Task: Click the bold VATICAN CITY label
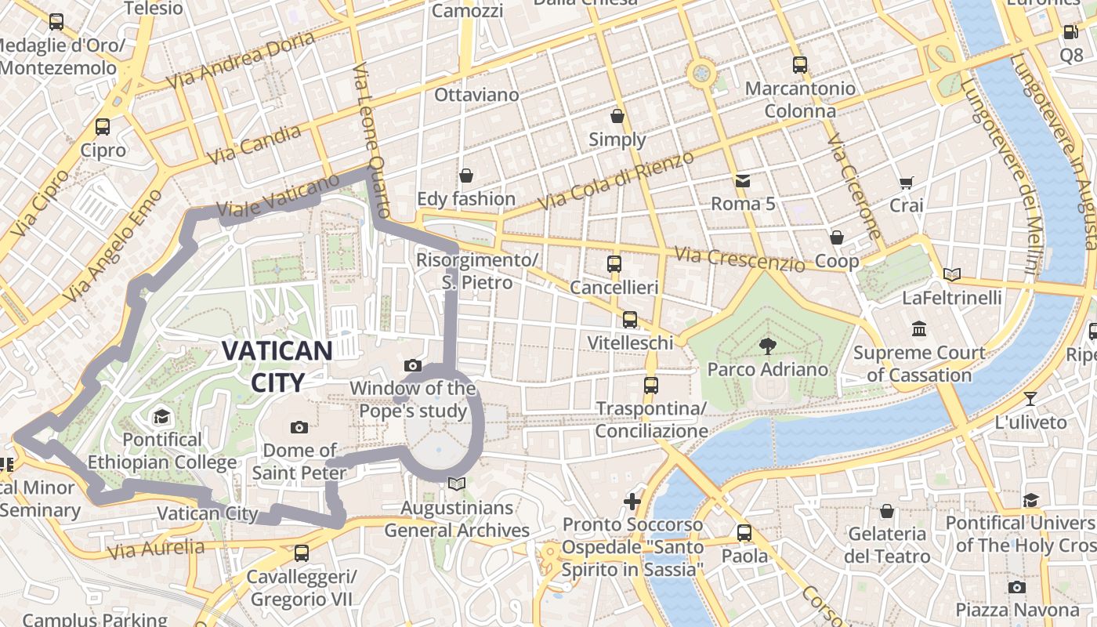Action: tap(277, 365)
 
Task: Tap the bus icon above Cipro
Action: tap(102, 127)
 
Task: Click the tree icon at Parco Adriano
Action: tap(767, 345)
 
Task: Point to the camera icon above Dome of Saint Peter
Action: tap(299, 427)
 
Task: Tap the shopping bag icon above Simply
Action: tap(617, 116)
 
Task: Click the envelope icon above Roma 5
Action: tap(743, 181)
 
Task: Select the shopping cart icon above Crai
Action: tap(907, 183)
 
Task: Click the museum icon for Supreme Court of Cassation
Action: tap(919, 329)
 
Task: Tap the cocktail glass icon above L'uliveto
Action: tap(1030, 399)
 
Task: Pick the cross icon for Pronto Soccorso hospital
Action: tap(632, 501)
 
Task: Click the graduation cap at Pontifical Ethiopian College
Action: tap(161, 416)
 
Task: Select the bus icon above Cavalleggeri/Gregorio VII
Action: tap(301, 553)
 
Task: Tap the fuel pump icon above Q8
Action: tap(1070, 31)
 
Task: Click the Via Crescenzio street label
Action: tap(740, 259)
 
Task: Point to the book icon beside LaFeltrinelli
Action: tap(952, 274)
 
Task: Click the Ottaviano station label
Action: tap(476, 95)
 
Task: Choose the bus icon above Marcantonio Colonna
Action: tap(799, 65)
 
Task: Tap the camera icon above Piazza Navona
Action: tap(1017, 587)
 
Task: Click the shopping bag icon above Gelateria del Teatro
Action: tap(887, 511)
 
